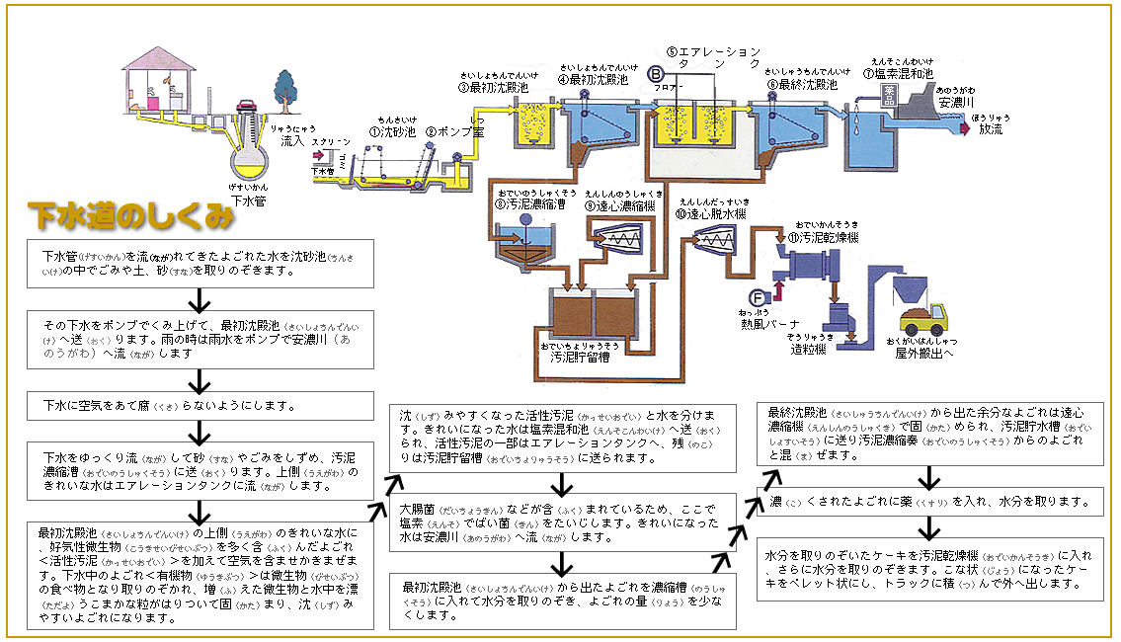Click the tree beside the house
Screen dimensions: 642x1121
(285, 87)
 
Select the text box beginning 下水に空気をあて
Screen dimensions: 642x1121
(201, 406)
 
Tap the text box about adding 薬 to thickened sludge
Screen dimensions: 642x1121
(930, 503)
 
